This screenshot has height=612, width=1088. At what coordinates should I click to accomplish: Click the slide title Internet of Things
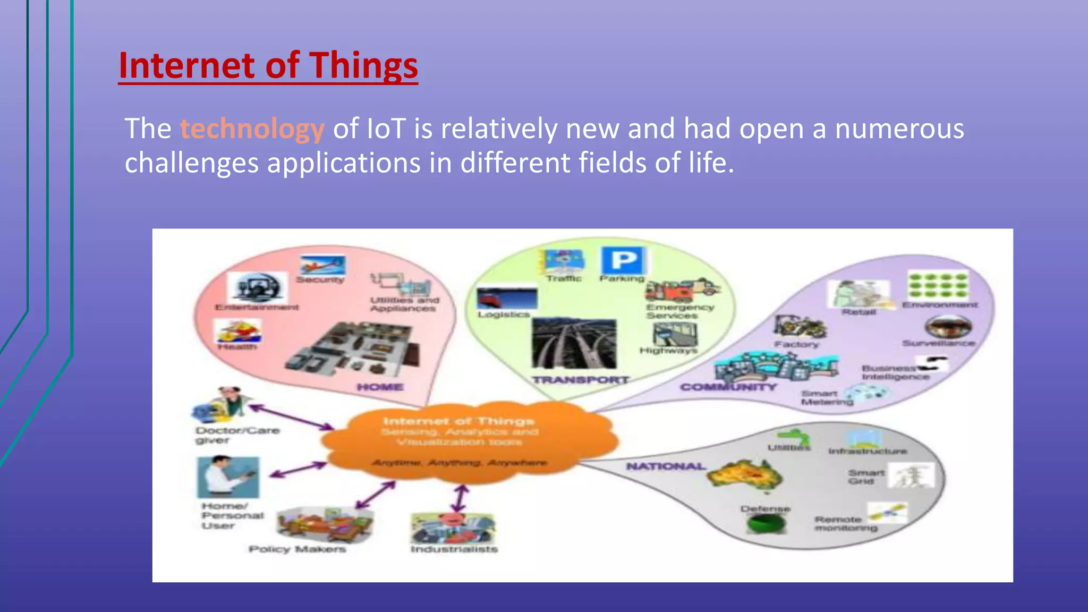coord(268,65)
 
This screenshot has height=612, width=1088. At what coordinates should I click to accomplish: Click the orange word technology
coord(252,129)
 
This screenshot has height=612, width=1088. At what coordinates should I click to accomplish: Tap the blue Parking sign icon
coord(624,261)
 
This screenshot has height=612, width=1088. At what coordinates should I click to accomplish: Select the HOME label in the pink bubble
coord(380,387)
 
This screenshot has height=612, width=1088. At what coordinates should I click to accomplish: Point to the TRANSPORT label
coord(581,380)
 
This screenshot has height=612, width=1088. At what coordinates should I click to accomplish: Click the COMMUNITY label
coord(728,387)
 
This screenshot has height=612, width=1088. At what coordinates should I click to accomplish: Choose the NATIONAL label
coord(666,466)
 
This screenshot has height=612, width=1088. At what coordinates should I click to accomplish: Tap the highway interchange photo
coord(574,344)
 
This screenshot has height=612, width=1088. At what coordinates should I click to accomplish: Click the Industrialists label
coord(454,549)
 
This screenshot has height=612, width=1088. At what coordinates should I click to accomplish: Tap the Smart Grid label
coord(866,477)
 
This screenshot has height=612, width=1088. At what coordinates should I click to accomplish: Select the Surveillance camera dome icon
coord(948,326)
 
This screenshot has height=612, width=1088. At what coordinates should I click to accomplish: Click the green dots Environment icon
coord(938,286)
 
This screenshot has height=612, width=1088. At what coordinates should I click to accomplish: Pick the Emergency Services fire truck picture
coord(682,290)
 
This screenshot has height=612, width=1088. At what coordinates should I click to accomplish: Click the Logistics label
coord(504,314)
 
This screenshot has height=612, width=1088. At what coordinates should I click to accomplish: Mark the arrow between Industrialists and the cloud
coord(460,498)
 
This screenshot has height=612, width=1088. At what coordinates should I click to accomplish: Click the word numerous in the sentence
coord(899,129)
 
